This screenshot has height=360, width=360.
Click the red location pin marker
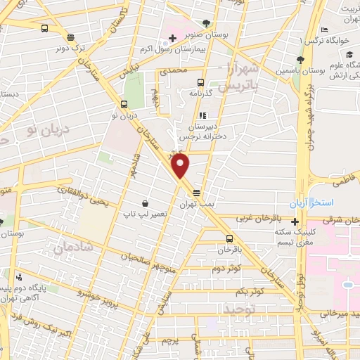[x=181, y=167]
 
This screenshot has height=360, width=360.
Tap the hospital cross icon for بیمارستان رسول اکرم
[x=173, y=47]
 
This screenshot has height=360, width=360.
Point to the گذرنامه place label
[x=201, y=93]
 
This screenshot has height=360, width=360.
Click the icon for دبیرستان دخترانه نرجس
[x=201, y=116]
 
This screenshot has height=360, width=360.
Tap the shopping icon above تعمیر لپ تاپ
[x=145, y=202]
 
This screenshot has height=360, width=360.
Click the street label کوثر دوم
[x=225, y=268]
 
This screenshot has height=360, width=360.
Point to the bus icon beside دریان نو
[x=124, y=104]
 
